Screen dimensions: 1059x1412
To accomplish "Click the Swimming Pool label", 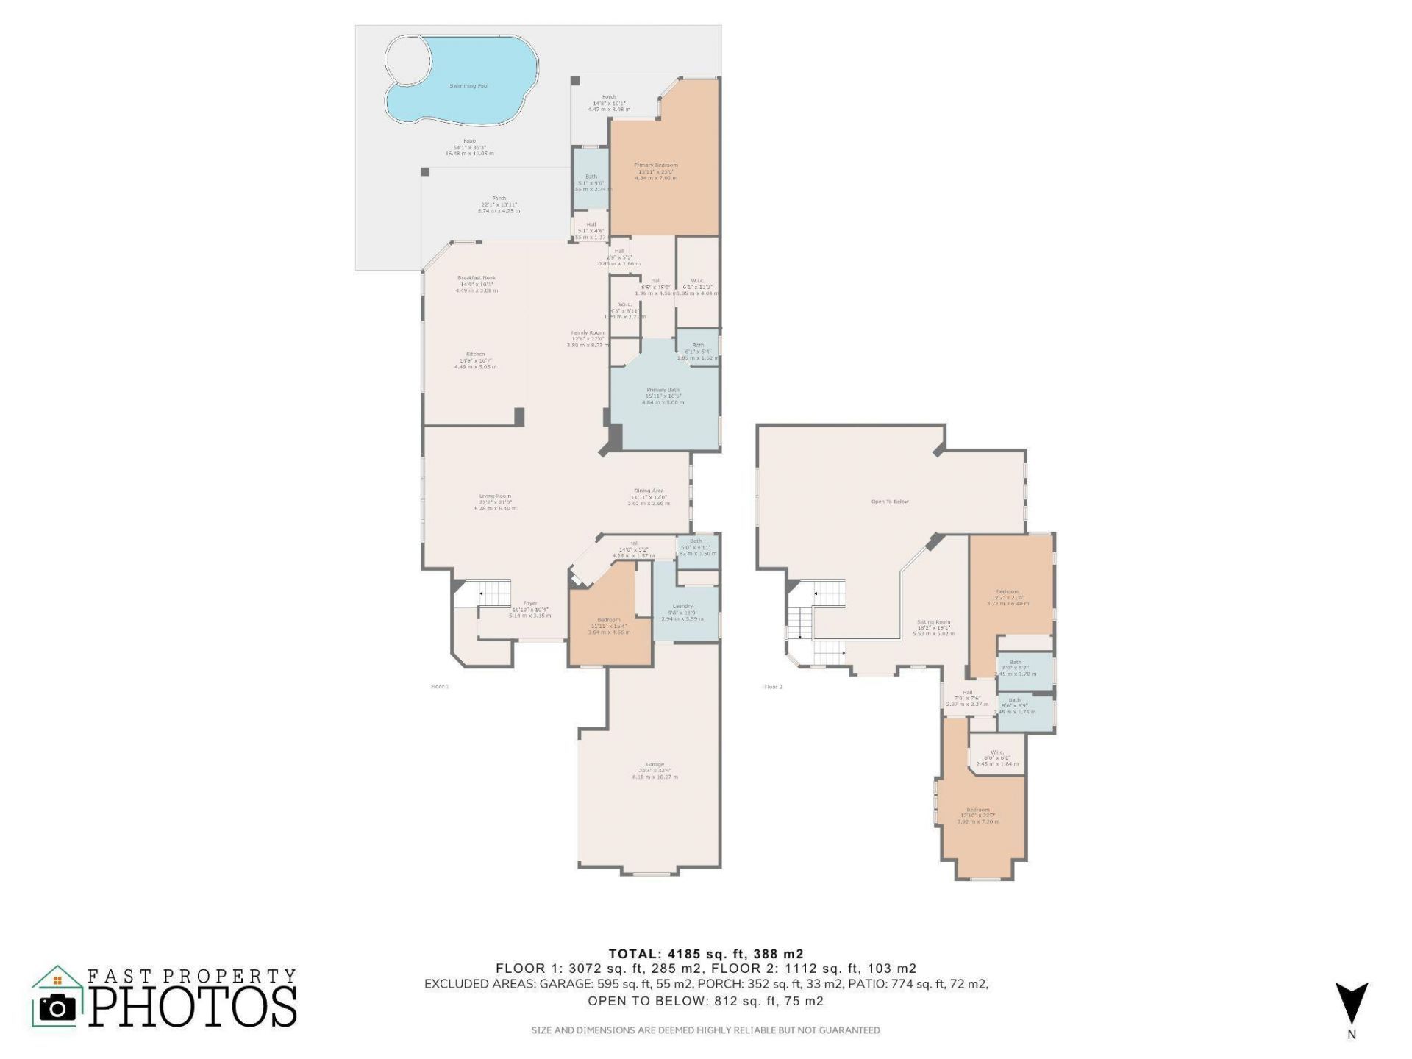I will coord(468,86).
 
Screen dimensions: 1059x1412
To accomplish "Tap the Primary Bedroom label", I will coord(655,165).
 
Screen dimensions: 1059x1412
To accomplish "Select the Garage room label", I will coord(655,764).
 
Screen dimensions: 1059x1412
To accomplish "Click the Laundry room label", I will coord(682,606).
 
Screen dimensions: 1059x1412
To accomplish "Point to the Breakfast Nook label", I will coord(477,278).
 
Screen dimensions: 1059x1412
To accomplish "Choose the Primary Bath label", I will coord(663,390).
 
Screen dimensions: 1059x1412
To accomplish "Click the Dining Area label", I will coord(649,491).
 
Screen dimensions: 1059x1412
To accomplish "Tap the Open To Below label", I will coord(890,502).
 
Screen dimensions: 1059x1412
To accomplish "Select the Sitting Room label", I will coord(933,622).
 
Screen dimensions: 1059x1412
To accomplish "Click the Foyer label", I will coord(529,603).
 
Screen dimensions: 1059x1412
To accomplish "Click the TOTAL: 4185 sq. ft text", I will coord(705,954).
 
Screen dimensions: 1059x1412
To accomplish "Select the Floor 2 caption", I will coord(774,687).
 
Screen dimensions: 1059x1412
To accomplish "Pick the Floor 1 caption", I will coord(439,686).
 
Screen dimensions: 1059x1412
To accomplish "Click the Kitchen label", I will coord(475,354).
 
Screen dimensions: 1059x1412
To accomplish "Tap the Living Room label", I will coord(495,496).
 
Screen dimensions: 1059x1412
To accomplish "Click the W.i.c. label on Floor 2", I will coord(997,752).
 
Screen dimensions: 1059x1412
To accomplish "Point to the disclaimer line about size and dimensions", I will coord(705,1030).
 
